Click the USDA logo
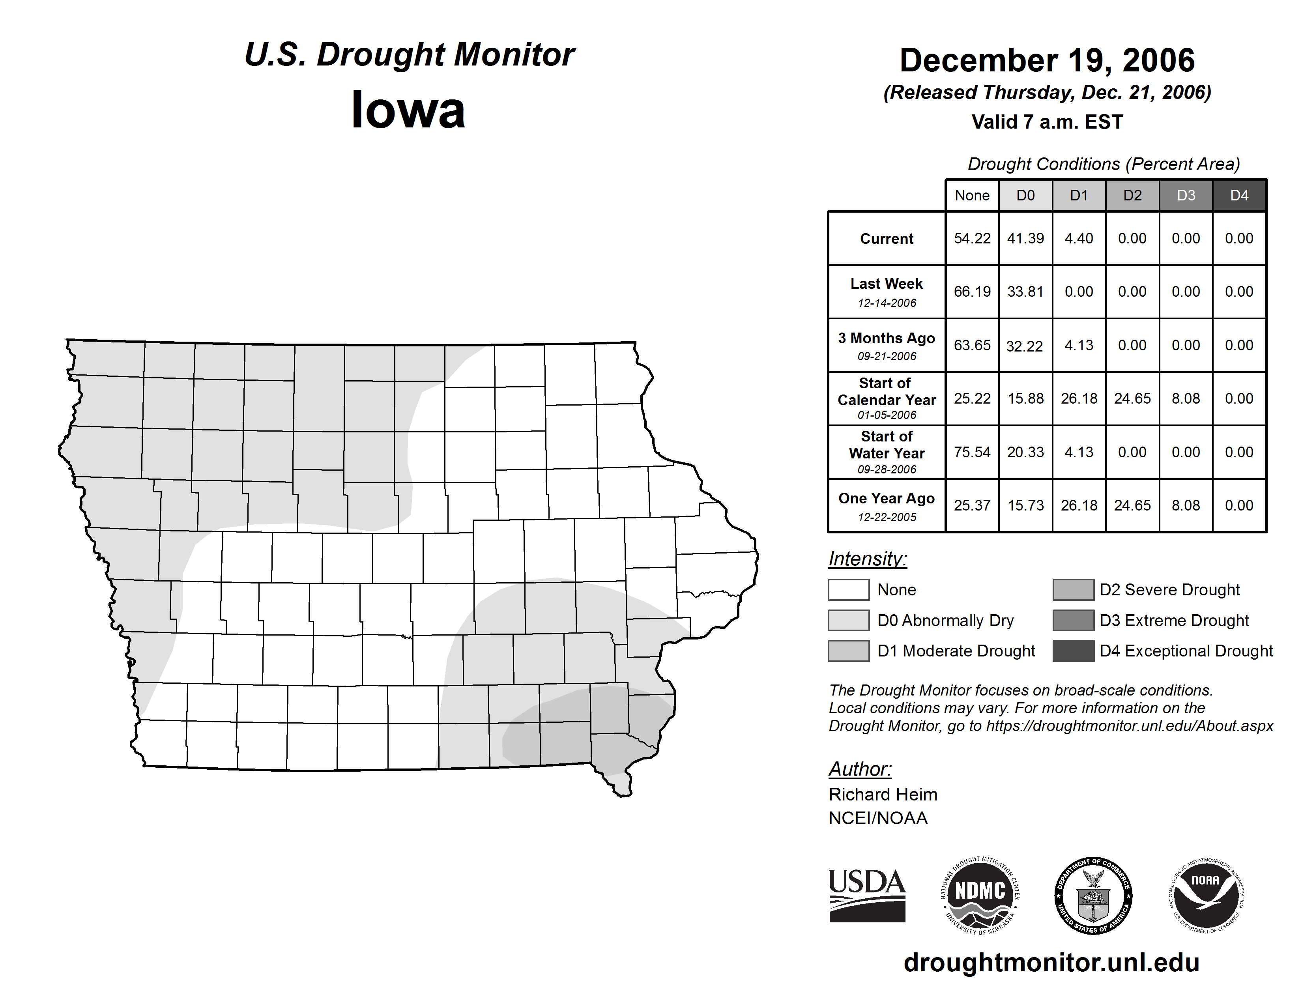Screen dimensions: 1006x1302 click(867, 895)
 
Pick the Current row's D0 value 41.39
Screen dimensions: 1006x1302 click(1025, 238)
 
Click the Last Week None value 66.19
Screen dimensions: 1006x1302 click(972, 292)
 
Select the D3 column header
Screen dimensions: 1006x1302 click(1186, 195)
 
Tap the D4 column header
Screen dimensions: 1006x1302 click(1239, 195)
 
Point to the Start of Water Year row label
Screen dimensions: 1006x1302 click(887, 452)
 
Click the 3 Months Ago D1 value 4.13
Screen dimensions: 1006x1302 click(1078, 345)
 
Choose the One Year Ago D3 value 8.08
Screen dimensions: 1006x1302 click(1186, 505)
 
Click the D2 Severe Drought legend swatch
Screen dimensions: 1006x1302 click(1073, 589)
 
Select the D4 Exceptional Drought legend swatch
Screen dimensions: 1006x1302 click(1073, 651)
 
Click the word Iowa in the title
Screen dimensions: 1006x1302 click(408, 110)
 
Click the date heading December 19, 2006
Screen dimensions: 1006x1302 click(1047, 60)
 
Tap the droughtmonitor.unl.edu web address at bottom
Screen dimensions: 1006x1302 click(1051, 963)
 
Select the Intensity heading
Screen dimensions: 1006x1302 click(867, 559)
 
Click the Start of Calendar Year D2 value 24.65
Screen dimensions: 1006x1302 click(1132, 398)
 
